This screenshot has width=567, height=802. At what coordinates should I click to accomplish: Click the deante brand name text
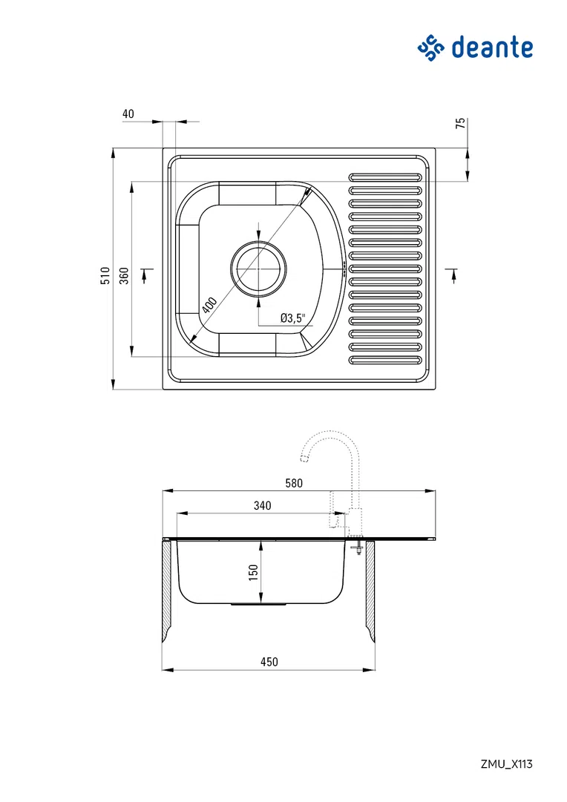pyautogui.click(x=491, y=48)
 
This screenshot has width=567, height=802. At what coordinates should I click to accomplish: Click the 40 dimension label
pyautogui.click(x=128, y=114)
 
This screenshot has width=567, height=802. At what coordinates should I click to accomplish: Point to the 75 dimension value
pyautogui.click(x=460, y=124)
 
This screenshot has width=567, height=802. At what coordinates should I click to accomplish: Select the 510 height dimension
pyautogui.click(x=105, y=276)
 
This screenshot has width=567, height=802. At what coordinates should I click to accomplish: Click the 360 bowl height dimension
pyautogui.click(x=124, y=276)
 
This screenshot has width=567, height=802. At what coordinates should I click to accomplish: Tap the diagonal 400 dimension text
pyautogui.click(x=209, y=306)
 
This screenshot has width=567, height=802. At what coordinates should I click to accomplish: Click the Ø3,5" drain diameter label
pyautogui.click(x=292, y=318)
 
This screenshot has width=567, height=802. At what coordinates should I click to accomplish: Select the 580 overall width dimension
pyautogui.click(x=294, y=483)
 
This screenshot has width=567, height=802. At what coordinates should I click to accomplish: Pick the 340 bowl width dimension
pyautogui.click(x=262, y=506)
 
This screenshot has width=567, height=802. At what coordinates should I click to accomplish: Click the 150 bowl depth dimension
pyautogui.click(x=253, y=572)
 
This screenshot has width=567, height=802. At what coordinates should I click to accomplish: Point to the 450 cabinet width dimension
pyautogui.click(x=269, y=662)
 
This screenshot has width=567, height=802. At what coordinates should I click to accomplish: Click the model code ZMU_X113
pyautogui.click(x=506, y=763)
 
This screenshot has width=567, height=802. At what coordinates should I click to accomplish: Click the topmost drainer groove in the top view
pyautogui.click(x=386, y=177)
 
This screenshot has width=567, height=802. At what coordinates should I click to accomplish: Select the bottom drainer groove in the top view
pyautogui.click(x=386, y=361)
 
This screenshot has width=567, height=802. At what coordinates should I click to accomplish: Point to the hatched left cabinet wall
pyautogui.click(x=167, y=590)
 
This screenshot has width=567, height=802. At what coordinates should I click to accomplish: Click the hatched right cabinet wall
pyautogui.click(x=369, y=590)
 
